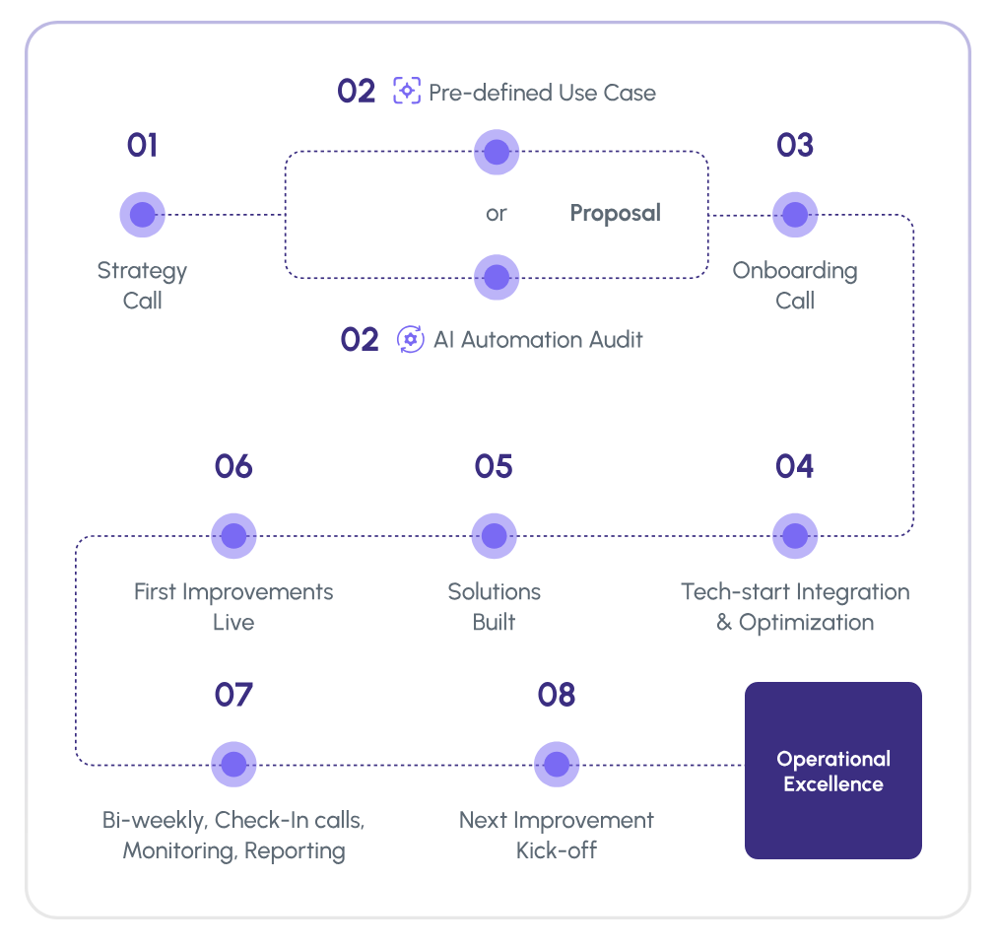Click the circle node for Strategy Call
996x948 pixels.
tap(142, 215)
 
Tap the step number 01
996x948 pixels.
tap(142, 146)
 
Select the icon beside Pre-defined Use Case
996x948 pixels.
tap(407, 92)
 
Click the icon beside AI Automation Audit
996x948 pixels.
tap(410, 339)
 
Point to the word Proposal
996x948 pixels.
tap(615, 213)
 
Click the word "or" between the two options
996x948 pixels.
tap(496, 214)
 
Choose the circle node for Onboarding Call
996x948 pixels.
tap(794, 215)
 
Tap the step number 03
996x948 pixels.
tap(794, 146)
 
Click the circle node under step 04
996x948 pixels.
tap(794, 536)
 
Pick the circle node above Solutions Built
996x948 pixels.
tap(495, 536)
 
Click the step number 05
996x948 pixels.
tap(494, 466)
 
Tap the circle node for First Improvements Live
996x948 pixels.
tap(233, 536)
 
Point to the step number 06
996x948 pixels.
tap(233, 466)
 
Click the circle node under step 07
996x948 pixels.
tap(233, 765)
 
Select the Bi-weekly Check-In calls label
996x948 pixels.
tap(233, 835)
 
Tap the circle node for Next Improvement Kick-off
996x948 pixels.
tap(557, 765)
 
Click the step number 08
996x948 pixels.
tap(557, 695)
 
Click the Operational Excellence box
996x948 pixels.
tap(832, 771)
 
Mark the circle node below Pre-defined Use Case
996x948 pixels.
tap(497, 152)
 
